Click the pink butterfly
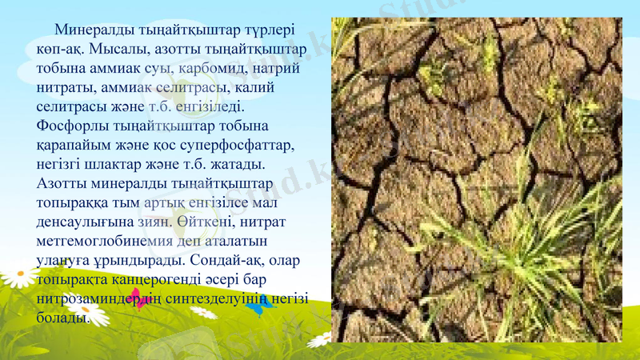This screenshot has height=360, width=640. pos(142,300)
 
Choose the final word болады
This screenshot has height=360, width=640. pos(61,318)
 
